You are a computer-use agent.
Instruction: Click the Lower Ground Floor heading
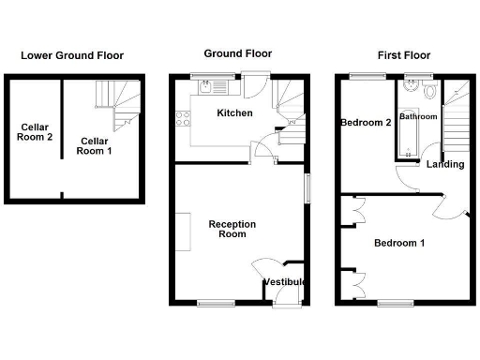(x=72, y=55)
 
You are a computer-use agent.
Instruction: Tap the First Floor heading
(x=404, y=55)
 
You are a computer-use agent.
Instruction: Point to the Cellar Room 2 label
(x=36, y=132)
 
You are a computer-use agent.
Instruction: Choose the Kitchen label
(x=232, y=113)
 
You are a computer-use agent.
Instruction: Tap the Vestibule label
(x=284, y=281)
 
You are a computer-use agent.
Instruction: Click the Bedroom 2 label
(x=366, y=123)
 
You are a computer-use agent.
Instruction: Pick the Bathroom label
(x=418, y=117)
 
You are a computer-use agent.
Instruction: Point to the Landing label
(x=445, y=165)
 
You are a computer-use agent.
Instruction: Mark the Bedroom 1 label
(x=399, y=244)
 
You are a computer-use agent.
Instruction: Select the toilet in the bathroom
(x=428, y=91)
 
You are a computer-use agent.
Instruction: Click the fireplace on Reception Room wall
(x=182, y=232)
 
